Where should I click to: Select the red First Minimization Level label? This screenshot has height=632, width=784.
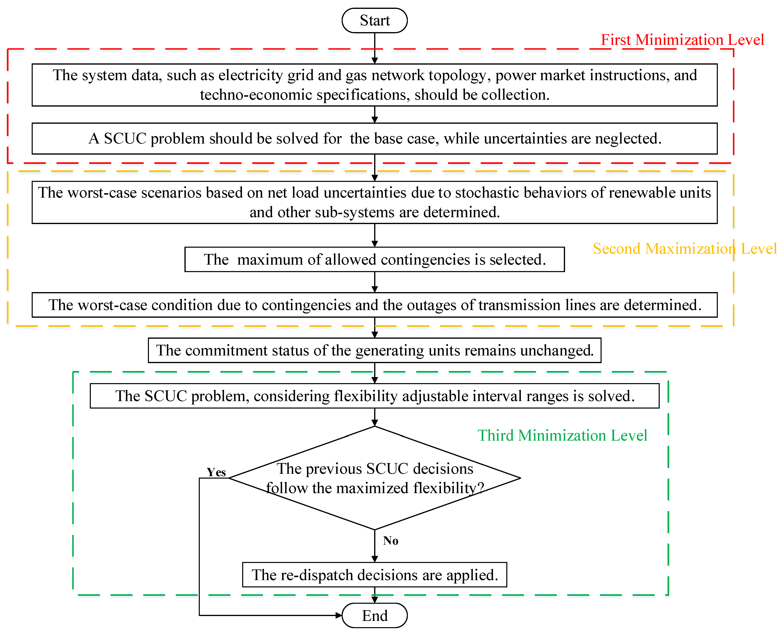682,40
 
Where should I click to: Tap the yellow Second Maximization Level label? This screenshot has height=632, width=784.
684,249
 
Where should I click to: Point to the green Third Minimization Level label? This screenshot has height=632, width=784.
562,435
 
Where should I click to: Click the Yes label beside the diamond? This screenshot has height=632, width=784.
216,472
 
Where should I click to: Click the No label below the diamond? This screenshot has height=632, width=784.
390,541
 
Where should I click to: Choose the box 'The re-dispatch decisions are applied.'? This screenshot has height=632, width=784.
375,575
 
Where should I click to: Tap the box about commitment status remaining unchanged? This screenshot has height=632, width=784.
375,350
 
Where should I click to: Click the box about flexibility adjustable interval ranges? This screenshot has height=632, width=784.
375,396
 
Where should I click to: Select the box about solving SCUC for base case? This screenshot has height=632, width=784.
375,138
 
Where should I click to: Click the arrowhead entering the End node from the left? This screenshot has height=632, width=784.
338,616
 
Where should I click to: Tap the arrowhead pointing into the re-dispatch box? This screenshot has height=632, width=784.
375,559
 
